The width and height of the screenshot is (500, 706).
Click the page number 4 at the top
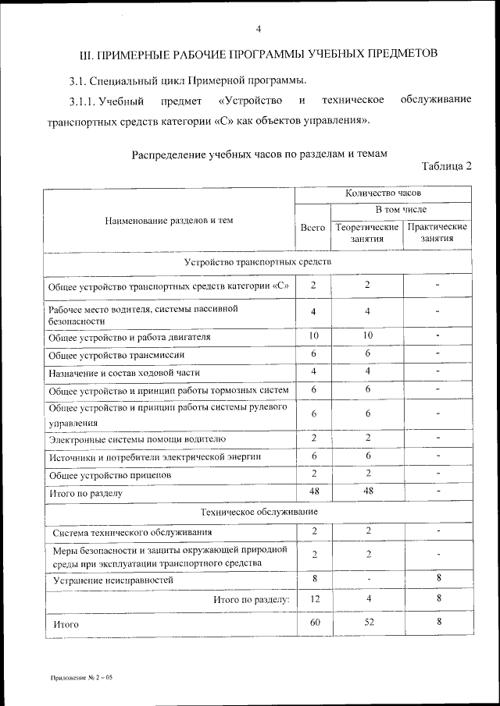tap(258, 30)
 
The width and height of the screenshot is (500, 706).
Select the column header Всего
tap(312, 227)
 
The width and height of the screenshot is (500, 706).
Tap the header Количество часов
tap(383, 192)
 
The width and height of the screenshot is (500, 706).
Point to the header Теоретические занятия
tap(366, 232)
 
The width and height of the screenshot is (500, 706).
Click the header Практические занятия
tap(437, 232)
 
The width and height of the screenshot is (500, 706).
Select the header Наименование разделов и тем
tap(169, 221)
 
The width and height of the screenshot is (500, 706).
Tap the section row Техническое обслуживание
tap(258, 511)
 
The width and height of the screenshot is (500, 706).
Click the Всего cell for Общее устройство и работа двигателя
tap(312, 336)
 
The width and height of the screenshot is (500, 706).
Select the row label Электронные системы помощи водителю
tap(137, 439)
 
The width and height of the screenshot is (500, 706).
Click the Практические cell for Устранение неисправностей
tap(438, 579)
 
